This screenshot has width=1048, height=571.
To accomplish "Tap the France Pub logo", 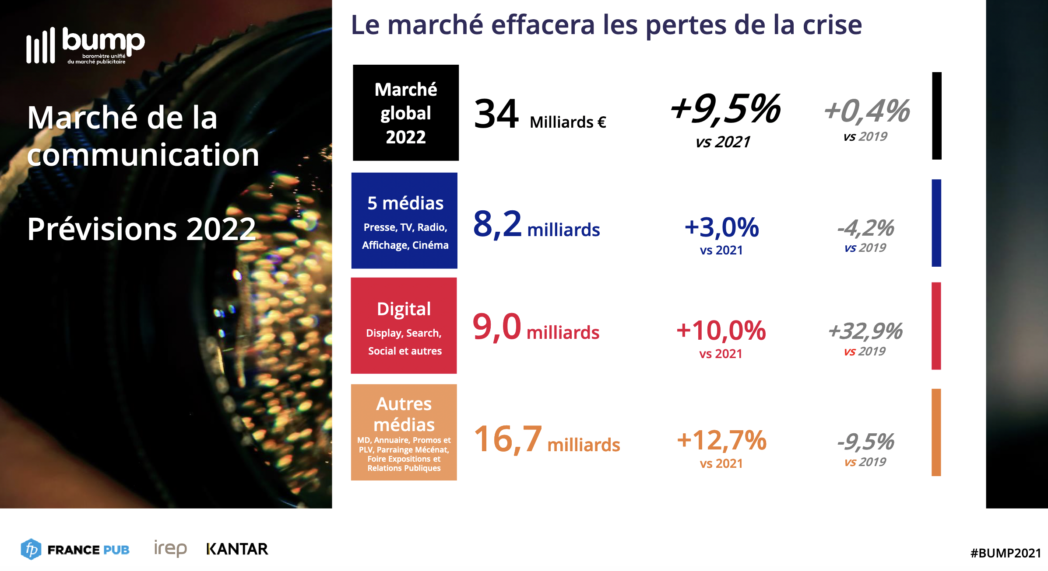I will click(x=75, y=549).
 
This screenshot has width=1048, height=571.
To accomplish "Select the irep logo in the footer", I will click(x=170, y=548).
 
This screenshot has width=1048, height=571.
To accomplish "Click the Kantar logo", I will click(x=237, y=549).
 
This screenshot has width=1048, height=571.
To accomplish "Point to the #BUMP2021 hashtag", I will click(x=1006, y=553).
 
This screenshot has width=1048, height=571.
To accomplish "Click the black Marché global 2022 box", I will click(x=406, y=113).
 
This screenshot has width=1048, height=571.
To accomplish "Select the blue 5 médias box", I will click(x=404, y=221).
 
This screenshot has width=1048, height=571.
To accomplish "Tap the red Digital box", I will click(x=404, y=326).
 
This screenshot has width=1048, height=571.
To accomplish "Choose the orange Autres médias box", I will click(x=404, y=432).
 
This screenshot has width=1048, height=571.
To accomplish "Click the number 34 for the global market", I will click(x=496, y=114).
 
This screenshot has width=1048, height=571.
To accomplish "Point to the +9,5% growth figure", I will click(x=725, y=109).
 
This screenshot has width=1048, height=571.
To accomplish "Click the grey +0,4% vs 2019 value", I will click(x=867, y=111).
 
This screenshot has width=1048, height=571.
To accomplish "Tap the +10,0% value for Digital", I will click(x=721, y=331).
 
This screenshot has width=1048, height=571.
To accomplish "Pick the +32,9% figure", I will click(x=865, y=331).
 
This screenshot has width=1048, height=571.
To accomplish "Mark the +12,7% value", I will click(x=721, y=440).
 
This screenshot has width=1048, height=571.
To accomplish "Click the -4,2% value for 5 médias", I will click(x=866, y=228).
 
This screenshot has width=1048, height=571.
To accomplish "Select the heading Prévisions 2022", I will click(x=141, y=229).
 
